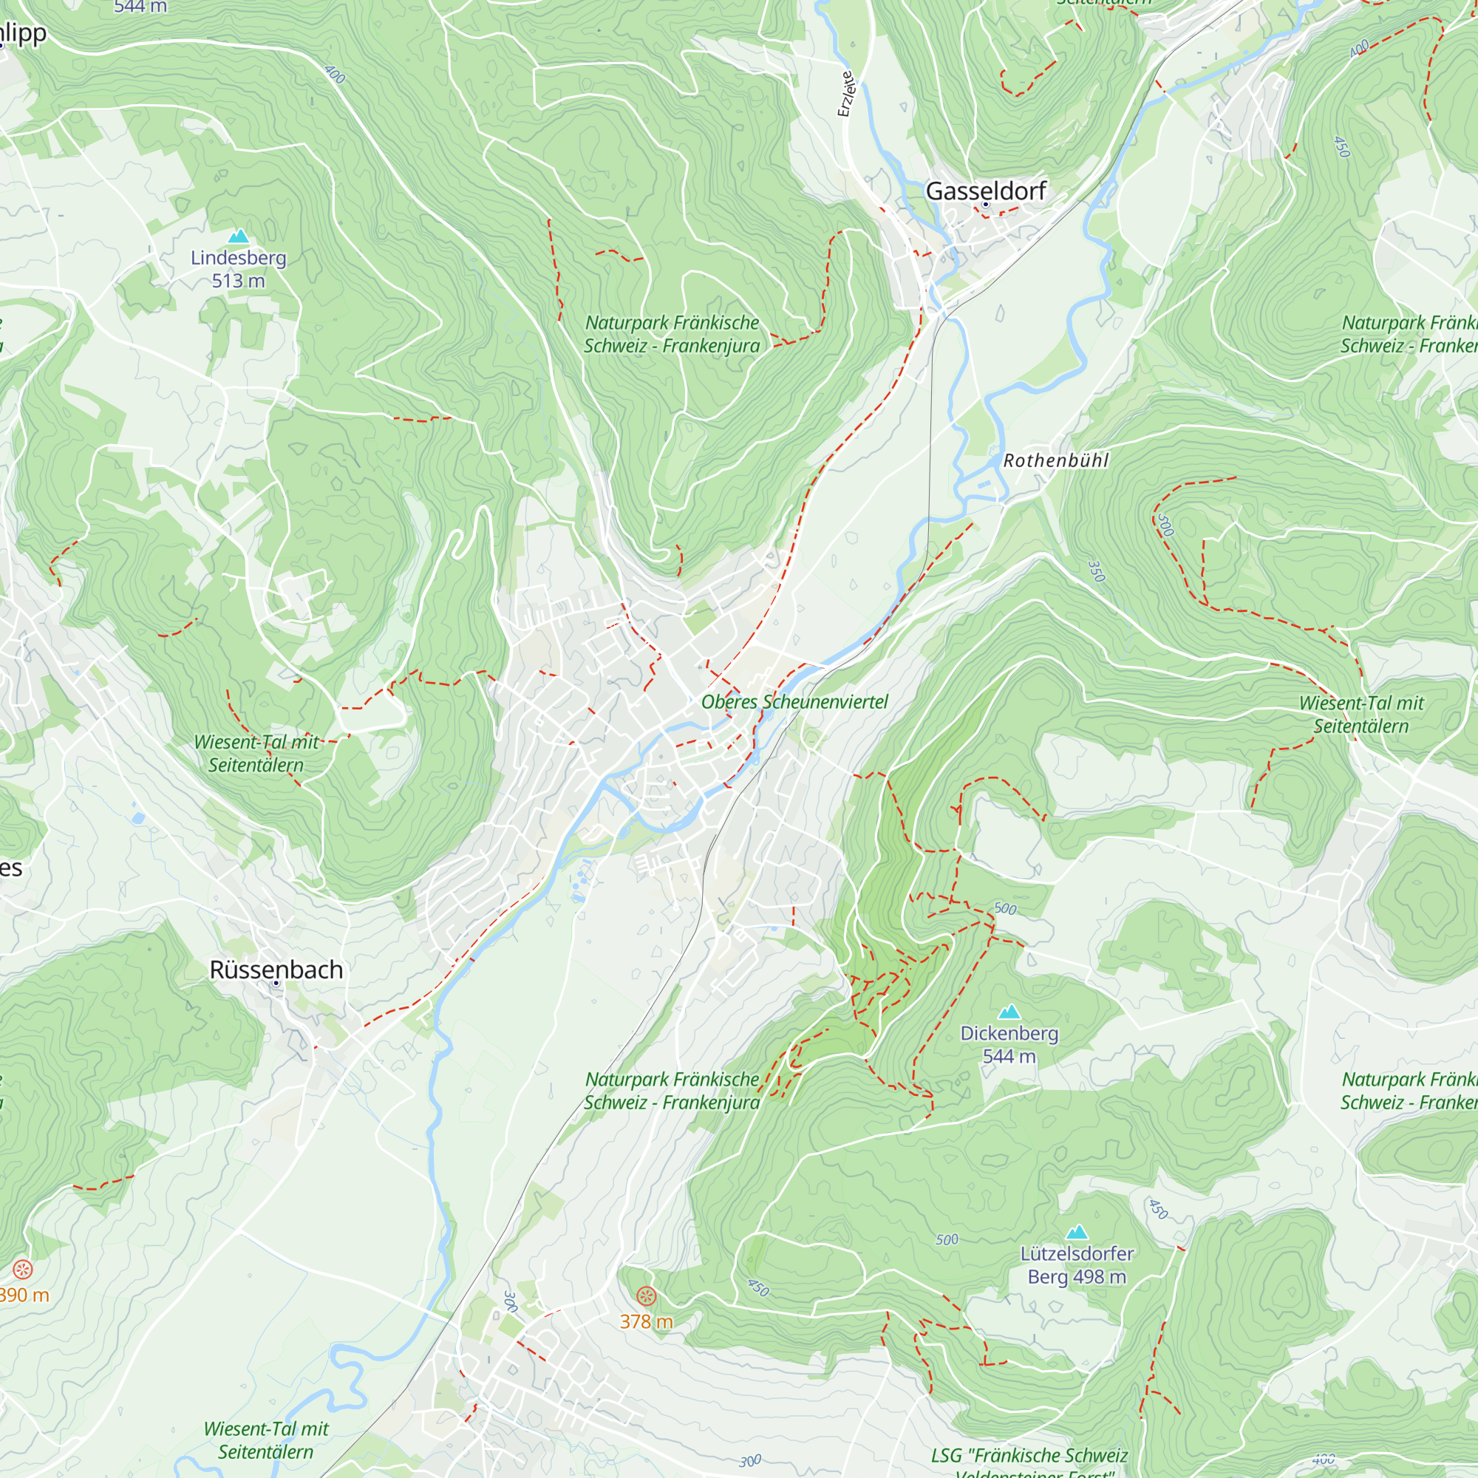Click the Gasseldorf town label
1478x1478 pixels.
tap(985, 191)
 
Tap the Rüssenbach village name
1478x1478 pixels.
tap(276, 970)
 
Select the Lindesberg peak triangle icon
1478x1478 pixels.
tap(239, 236)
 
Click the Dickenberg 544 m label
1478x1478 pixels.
tap(1009, 1044)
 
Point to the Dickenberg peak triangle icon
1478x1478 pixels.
tap(1009, 1012)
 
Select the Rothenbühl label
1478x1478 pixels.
tap(1056, 460)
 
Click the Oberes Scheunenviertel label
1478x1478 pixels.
tap(794, 701)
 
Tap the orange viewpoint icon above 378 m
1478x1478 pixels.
tap(647, 1296)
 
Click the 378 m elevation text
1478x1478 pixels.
tap(647, 1321)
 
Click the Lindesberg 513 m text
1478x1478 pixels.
tap(239, 269)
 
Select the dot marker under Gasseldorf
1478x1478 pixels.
tap(985, 205)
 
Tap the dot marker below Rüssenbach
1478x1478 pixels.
tap(276, 984)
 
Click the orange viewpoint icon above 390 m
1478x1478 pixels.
tap(23, 1270)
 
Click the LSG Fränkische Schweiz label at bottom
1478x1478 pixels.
tap(1029, 1455)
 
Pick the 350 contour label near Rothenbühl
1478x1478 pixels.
tap(1096, 571)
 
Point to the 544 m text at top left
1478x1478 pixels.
tap(140, 7)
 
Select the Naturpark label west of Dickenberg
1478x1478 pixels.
tap(672, 1090)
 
